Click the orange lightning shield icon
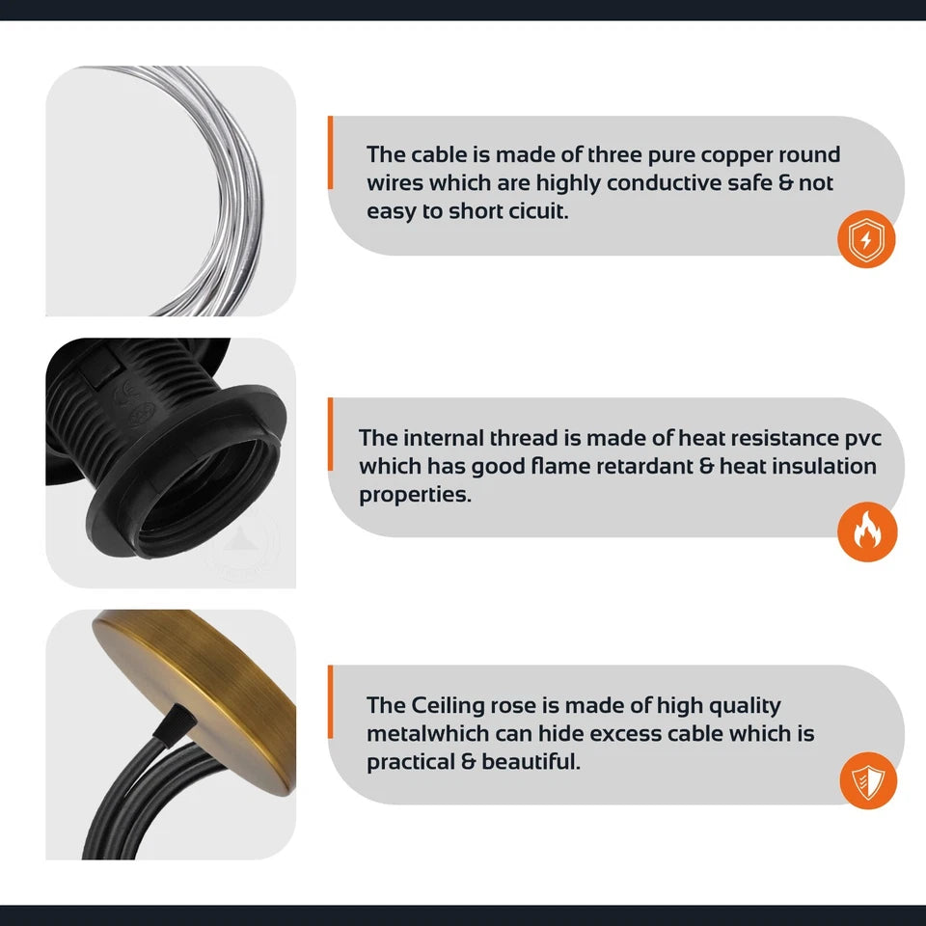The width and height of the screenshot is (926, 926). coord(866,239)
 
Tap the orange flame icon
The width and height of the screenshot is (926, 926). coord(867,531)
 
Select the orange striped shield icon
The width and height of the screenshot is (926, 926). coord(868,780)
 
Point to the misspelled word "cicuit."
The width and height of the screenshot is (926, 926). coord(538,211)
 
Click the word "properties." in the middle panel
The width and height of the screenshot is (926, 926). coord(415,495)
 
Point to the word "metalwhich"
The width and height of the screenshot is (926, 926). coord(426,733)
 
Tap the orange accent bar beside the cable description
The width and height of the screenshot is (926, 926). coord(330,152)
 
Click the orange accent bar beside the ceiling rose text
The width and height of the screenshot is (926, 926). coord(330,701)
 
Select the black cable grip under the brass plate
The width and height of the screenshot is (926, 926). coord(175,722)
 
